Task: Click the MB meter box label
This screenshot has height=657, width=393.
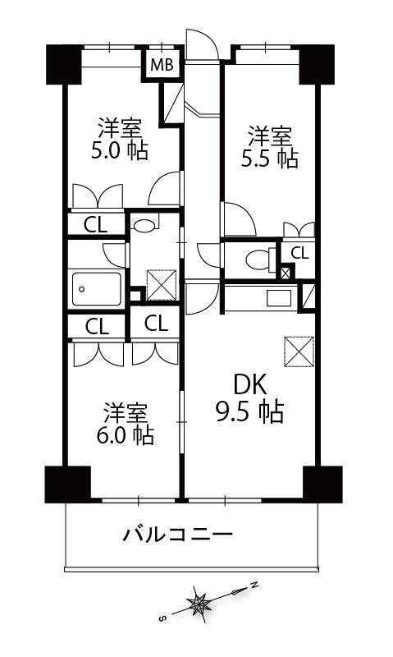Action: click(162, 65)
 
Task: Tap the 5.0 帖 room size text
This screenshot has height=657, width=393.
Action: click(120, 151)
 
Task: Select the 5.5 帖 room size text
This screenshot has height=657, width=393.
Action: click(270, 159)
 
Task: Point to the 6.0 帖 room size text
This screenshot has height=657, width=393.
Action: click(126, 435)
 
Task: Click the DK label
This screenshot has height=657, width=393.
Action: click(250, 384)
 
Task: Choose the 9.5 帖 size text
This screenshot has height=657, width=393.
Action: click(250, 412)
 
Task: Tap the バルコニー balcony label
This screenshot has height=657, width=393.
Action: click(177, 535)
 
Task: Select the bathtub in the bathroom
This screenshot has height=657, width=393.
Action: click(97, 289)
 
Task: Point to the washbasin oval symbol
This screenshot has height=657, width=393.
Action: click(144, 225)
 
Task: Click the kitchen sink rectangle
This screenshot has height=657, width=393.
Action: click(279, 298)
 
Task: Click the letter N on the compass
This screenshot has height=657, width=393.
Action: click(254, 584)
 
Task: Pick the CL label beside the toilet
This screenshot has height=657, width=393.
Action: click(299, 253)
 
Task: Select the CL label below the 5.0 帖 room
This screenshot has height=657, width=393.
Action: click(95, 225)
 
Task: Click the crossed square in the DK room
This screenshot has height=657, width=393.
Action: click(299, 351)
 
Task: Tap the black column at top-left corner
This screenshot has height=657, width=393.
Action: click(64, 64)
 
